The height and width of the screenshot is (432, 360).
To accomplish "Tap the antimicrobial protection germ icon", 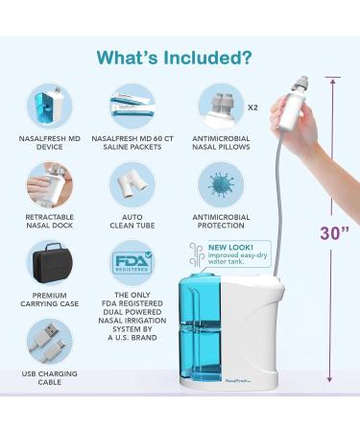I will tap(221, 183).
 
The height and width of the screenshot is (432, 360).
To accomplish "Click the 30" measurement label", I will tap(334, 233).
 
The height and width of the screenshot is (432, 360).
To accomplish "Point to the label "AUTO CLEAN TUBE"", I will tap(132, 225).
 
